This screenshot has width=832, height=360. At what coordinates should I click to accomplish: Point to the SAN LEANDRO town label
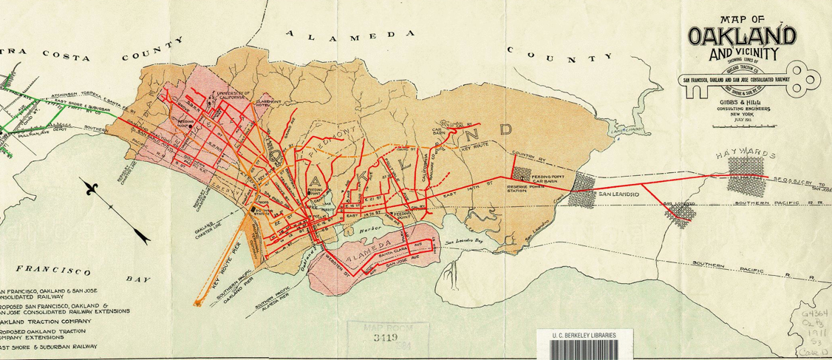618,194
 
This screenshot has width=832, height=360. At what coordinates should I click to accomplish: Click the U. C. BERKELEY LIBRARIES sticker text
584,334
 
